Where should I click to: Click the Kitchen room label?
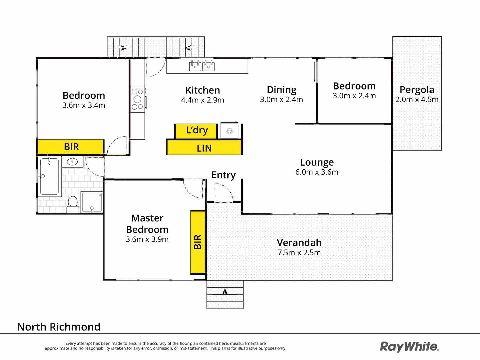click(202, 90)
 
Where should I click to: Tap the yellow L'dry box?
click(196, 131)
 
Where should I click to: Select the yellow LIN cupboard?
click(204, 148)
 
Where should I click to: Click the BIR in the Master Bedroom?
click(198, 242)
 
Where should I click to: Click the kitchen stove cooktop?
click(137, 99)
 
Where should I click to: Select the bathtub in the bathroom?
click(50, 176)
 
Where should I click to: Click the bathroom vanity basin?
click(73, 162)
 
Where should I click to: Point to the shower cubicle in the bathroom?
click(92, 202)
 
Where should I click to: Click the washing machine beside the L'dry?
click(229, 131)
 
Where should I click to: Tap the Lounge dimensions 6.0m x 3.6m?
click(317, 172)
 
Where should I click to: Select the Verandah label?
click(299, 243)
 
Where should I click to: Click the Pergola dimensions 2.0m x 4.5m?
click(417, 100)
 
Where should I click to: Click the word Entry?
click(223, 175)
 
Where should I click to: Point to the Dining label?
click(281, 90)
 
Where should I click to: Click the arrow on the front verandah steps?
click(225, 291)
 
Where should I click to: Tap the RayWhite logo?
click(409, 347)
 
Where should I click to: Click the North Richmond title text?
click(59, 327)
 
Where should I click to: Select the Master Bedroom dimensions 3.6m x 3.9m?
click(147, 239)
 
